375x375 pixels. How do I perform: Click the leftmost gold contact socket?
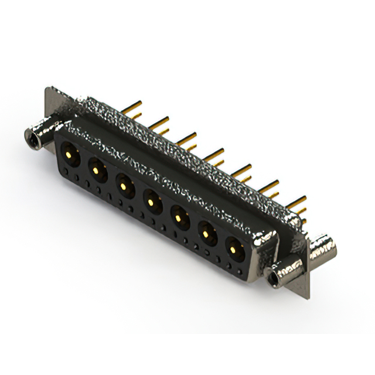69,155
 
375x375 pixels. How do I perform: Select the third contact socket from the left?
124,186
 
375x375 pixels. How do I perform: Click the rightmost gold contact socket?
235,250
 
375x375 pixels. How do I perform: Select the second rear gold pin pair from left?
159,124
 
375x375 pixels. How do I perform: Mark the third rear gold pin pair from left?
187,140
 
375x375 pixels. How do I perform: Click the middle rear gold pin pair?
214,156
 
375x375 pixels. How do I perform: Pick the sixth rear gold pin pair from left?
270,189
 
